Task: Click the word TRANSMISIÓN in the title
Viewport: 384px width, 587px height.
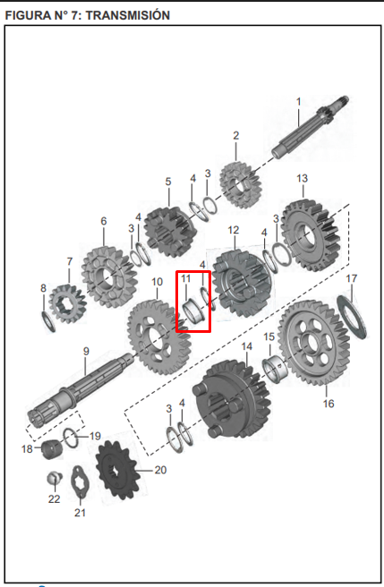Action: pyautogui.click(x=128, y=15)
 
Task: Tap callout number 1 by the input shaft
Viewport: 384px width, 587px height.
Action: pyautogui.click(x=298, y=101)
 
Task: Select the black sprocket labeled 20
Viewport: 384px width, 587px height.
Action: pyautogui.click(x=117, y=470)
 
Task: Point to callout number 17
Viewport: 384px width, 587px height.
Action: pyautogui.click(x=351, y=278)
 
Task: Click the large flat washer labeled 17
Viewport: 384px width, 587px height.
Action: pyautogui.click(x=352, y=318)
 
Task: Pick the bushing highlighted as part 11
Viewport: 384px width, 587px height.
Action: pyautogui.click(x=195, y=310)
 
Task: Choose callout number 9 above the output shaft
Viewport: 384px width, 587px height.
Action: pyautogui.click(x=86, y=351)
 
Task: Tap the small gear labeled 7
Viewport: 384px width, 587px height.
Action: pyautogui.click(x=67, y=303)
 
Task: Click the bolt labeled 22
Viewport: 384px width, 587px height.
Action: pyautogui.click(x=55, y=478)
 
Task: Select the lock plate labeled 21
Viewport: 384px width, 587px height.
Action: pyautogui.click(x=80, y=481)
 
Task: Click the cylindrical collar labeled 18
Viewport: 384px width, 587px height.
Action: pyautogui.click(x=51, y=449)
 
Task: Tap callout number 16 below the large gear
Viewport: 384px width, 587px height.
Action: pyautogui.click(x=329, y=404)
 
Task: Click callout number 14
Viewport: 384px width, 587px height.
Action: pyautogui.click(x=246, y=346)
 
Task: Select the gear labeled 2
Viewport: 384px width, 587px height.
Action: pyautogui.click(x=240, y=184)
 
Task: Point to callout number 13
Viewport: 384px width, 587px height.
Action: pyautogui.click(x=302, y=178)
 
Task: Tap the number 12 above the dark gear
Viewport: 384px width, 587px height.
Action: pyautogui.click(x=233, y=230)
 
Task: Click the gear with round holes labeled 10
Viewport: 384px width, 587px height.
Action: pyautogui.click(x=158, y=337)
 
